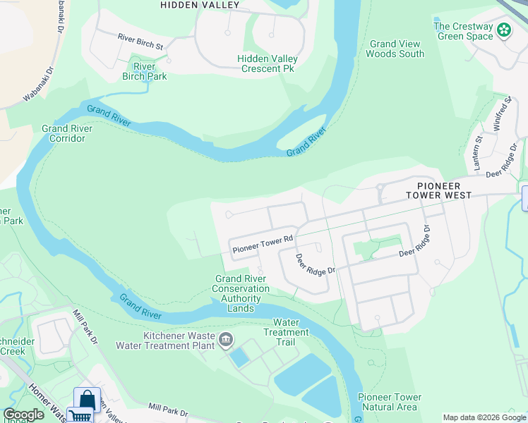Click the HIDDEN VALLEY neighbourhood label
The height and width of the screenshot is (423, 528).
[x=200, y=4]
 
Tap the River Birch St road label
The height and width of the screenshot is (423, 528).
[x=140, y=42]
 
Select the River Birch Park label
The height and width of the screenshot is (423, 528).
[x=144, y=71]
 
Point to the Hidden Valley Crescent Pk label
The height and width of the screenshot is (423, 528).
[x=268, y=63]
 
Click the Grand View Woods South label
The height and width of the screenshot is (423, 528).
[x=396, y=49]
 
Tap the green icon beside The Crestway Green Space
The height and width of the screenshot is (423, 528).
[x=504, y=30]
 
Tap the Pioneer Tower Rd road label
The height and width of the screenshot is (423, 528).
[x=263, y=245]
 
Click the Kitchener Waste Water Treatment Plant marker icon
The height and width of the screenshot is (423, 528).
[x=225, y=341]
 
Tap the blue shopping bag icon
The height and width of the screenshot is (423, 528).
[x=87, y=400]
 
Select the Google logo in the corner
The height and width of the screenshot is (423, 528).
[x=23, y=415]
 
